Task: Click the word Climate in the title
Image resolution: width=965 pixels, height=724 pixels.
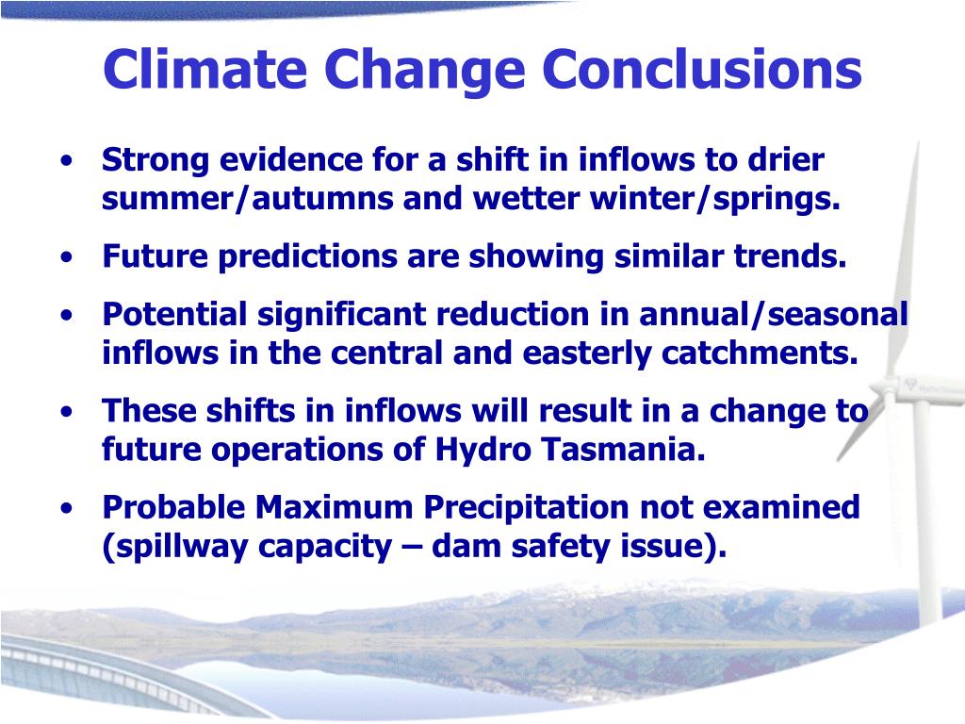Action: pos(204,68)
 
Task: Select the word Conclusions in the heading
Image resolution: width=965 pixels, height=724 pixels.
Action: pos(701,68)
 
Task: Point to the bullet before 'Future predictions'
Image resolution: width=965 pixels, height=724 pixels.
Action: pos(67,256)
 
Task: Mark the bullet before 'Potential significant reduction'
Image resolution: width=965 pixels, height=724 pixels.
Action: pos(67,315)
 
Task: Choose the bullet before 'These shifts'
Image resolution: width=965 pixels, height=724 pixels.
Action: pos(67,411)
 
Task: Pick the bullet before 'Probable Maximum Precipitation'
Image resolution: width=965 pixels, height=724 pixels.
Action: pos(67,508)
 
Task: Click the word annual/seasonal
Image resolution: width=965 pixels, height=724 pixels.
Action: pos(774,314)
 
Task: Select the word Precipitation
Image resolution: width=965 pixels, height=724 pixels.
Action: pos(526,508)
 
